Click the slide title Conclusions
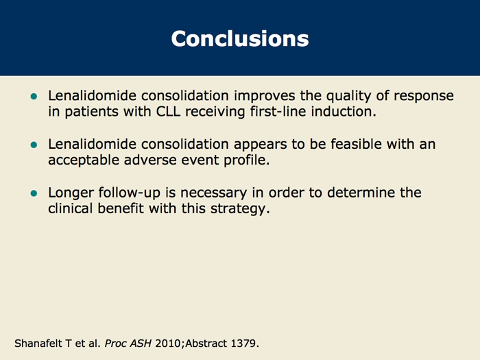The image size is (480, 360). coord(240,39)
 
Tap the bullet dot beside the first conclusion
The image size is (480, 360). coord(34,97)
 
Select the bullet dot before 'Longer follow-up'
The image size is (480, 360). coord(34,193)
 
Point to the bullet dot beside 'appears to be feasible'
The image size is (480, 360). coord(34,145)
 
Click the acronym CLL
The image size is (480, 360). coord(168,111)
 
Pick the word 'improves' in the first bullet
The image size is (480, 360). coord(265,96)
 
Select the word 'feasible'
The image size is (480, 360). coord(356,144)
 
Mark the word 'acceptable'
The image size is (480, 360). coord(84,160)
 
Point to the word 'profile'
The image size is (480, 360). coord(245,160)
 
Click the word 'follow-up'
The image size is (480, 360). coord(130,193)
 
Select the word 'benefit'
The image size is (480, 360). coord(120,208)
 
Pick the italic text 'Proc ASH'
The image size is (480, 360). coord(128,344)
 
